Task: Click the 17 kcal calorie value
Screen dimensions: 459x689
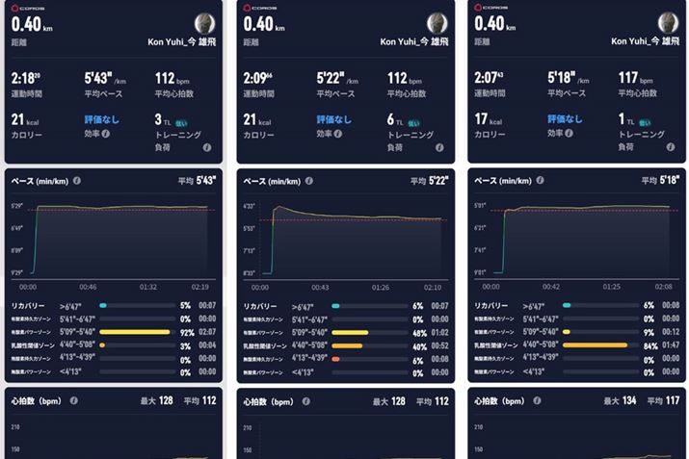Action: pos(486,121)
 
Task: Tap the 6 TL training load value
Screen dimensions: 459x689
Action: pos(393,121)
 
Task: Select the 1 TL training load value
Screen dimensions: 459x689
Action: pos(624,121)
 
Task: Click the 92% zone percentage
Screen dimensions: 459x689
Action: pos(186,331)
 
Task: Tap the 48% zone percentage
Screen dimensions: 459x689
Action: pos(417,331)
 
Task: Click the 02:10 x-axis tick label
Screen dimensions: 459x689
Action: pos(434,287)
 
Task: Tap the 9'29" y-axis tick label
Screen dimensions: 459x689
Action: pos(17,273)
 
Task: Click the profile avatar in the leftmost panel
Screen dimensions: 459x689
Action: pos(206,26)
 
